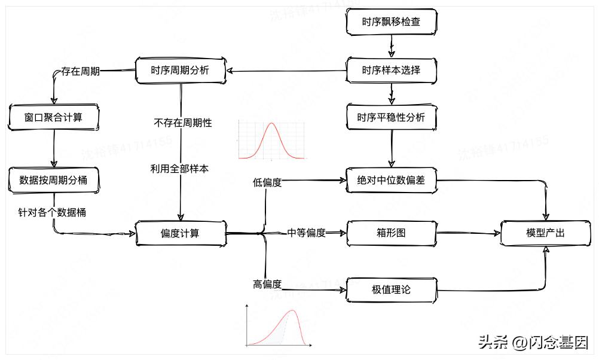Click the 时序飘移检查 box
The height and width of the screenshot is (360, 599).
pos(391,22)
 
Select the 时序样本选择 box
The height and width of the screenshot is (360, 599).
pos(391,70)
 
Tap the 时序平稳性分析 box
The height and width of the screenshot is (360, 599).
pos(391,117)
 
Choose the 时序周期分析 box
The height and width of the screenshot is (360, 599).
pos(181,70)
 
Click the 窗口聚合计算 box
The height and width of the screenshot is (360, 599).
pos(54,117)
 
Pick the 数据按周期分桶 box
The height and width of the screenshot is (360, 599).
pos(54,179)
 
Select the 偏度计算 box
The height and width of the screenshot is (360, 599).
pos(181,233)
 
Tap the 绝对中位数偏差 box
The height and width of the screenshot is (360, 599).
pos(391,179)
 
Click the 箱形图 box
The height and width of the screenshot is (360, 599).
pos(391,233)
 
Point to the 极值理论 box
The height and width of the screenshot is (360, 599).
pos(391,290)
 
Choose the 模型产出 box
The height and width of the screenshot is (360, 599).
pos(545,233)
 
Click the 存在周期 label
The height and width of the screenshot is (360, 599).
pos(80,71)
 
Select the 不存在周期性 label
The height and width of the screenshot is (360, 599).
pos(182,123)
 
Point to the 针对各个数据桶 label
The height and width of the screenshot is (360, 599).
pos(51,212)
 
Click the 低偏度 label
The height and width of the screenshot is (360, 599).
pos(267,182)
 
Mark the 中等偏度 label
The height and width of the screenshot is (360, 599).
pos(307,233)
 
